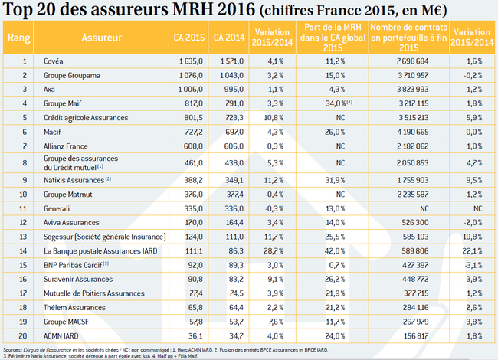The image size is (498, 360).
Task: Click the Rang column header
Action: pyautogui.click(x=18, y=38)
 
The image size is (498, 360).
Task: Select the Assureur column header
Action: pyautogui.click(x=102, y=38)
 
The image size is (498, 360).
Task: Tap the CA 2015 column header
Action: pyautogui.click(x=189, y=38)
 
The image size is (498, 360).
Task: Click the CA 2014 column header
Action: pyautogui.click(x=229, y=38)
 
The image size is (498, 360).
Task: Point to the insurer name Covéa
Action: pyautogui.click(x=54, y=61)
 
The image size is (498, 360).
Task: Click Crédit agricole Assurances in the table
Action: pyautogui.click(x=86, y=118)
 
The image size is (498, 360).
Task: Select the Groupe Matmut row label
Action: pyautogui.click(x=68, y=195)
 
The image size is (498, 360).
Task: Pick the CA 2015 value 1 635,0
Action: pyautogui.click(x=191, y=61)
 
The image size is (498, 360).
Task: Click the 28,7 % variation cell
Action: pyautogui.click(x=274, y=251)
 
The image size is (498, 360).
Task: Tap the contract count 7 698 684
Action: pyautogui.click(x=412, y=61)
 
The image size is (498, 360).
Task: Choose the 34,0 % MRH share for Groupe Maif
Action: pyautogui.click(x=339, y=103)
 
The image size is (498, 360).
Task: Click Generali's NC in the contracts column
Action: pyautogui.click(x=424, y=208)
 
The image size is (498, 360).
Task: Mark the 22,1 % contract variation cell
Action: pyautogui.click(x=472, y=251)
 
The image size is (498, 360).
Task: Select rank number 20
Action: pyautogui.click(x=23, y=336)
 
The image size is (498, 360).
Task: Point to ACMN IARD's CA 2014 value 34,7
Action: pyautogui.click(x=236, y=336)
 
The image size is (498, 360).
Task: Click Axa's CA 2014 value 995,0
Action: pyautogui.click(x=234, y=89)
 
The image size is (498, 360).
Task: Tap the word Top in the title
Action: pyautogui.click(x=18, y=9)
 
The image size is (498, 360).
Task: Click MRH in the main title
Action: pyautogui.click(x=192, y=9)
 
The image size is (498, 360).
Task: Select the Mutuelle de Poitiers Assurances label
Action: pyautogui.click(x=94, y=293)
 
